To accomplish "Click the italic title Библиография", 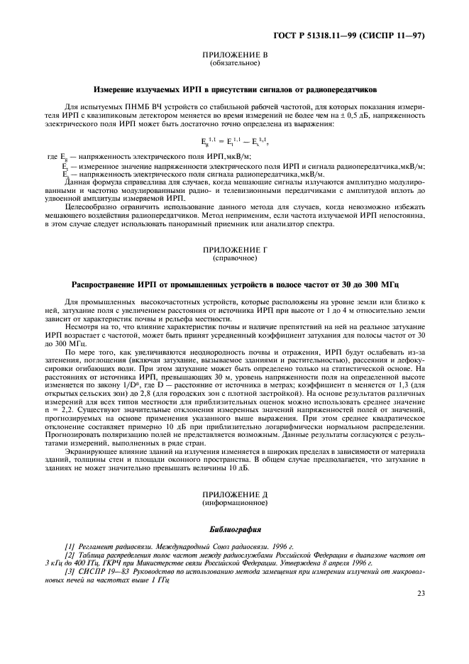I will click(235, 529).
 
